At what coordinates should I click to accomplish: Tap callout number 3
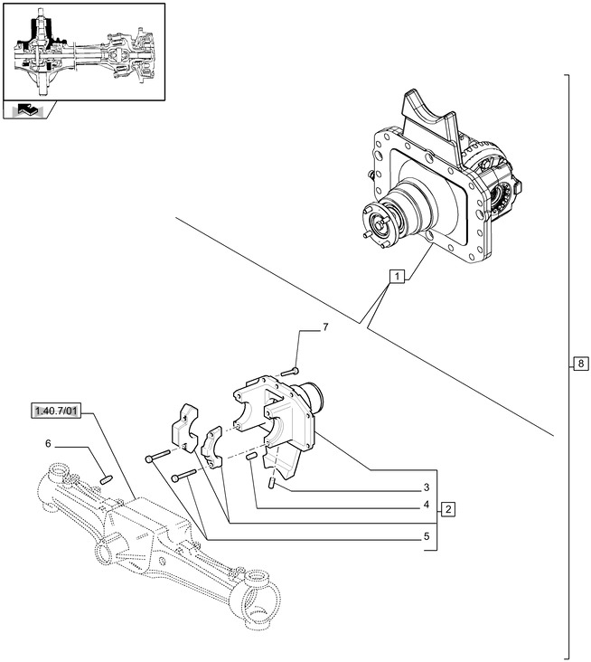tap(424, 488)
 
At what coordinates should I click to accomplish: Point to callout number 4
tap(424, 506)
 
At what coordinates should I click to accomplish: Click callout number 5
tap(424, 535)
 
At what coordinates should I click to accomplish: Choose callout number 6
tap(48, 444)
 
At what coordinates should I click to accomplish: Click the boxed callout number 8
tap(579, 364)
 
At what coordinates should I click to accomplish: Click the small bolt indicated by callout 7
tap(287, 371)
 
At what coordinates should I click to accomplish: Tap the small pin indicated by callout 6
tap(105, 478)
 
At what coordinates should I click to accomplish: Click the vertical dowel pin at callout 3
tap(271, 484)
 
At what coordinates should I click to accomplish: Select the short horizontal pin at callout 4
tap(253, 458)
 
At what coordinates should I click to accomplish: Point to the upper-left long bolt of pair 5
tap(156, 458)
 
